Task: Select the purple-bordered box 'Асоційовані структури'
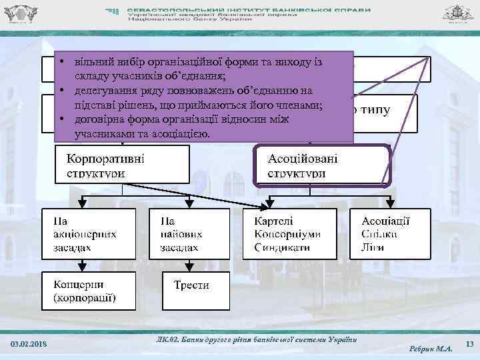click(x=323, y=165)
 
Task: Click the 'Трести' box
click(x=191, y=285)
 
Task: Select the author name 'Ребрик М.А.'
click(x=431, y=347)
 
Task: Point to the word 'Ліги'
click(x=371, y=247)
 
